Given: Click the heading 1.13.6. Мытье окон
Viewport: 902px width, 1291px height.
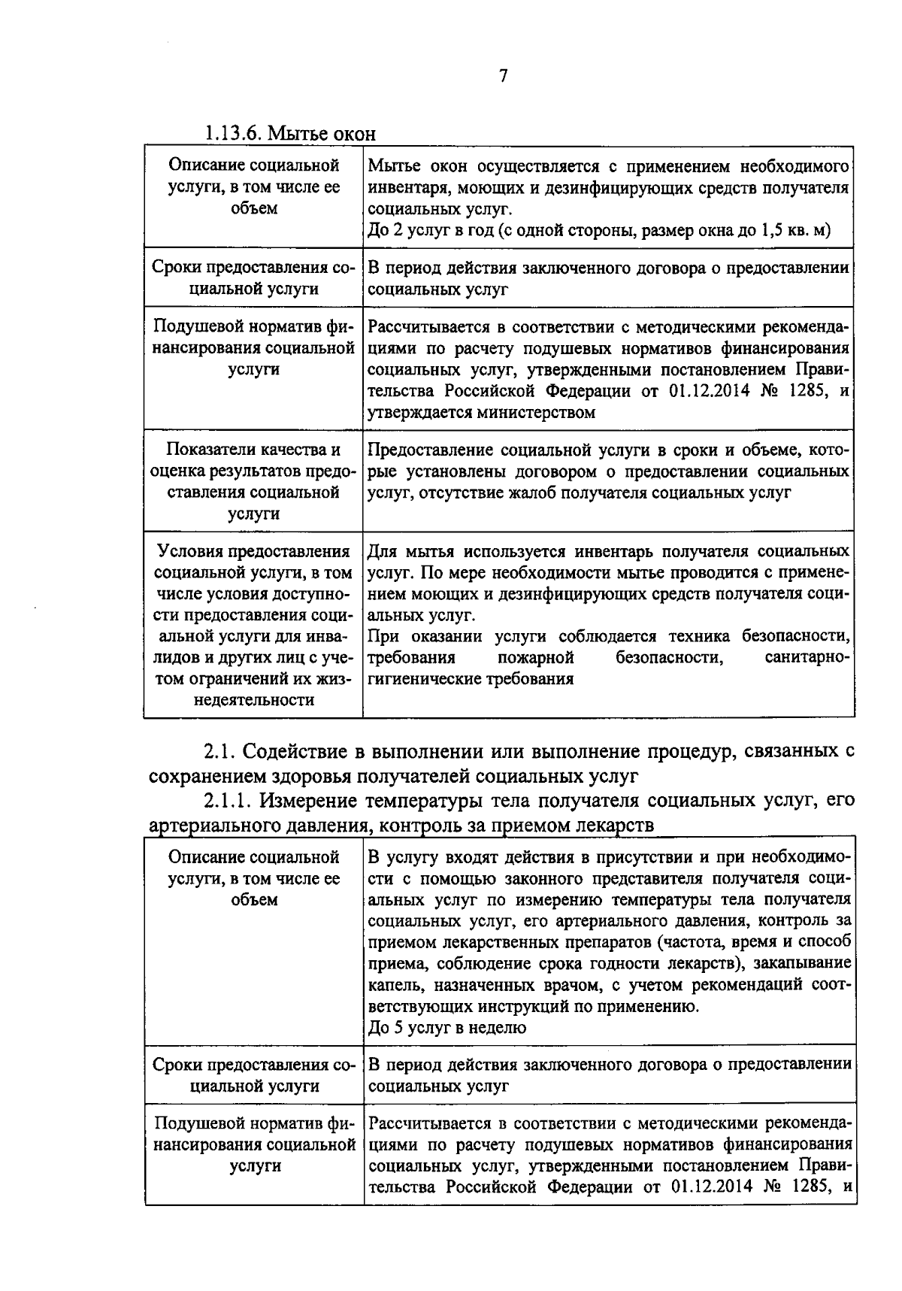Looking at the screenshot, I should [x=289, y=135].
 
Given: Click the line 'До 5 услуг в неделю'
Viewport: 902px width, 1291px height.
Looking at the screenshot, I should [x=447, y=1027].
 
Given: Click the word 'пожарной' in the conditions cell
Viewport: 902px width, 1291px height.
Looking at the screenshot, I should [x=535, y=658].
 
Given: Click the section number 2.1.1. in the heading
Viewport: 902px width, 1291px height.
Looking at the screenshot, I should [x=229, y=801].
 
